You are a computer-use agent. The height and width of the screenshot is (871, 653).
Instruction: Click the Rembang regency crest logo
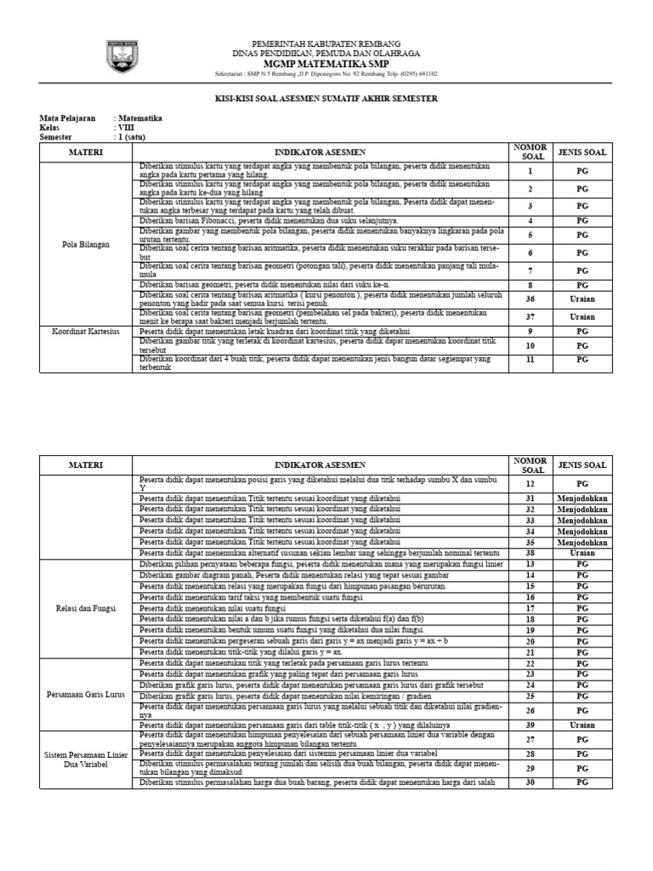pos(120,56)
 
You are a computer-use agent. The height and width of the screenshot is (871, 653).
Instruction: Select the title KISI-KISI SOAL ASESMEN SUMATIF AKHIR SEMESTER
pos(326,99)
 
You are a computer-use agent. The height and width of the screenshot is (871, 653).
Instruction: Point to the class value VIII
pos(126,127)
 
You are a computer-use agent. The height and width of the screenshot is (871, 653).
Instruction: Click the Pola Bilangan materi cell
pos(86,245)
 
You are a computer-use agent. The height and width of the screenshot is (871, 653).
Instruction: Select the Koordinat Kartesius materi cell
pos(86,330)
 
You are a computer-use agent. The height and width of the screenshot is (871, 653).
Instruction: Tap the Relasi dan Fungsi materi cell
pos(86,609)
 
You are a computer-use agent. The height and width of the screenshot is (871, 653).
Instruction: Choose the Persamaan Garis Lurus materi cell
pos(86,694)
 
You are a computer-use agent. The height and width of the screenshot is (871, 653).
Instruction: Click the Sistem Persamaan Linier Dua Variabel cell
pos(86,760)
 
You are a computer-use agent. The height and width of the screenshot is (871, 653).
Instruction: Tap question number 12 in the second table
pos(531,484)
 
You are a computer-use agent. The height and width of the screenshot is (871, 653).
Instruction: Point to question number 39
pos(531,725)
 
